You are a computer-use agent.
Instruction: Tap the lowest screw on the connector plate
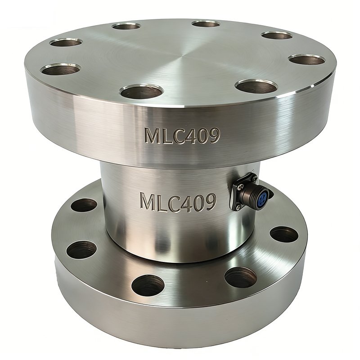click(x=239, y=207)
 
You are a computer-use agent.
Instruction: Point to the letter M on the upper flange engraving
click(x=153, y=136)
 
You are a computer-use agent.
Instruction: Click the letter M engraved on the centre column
click(x=149, y=202)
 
